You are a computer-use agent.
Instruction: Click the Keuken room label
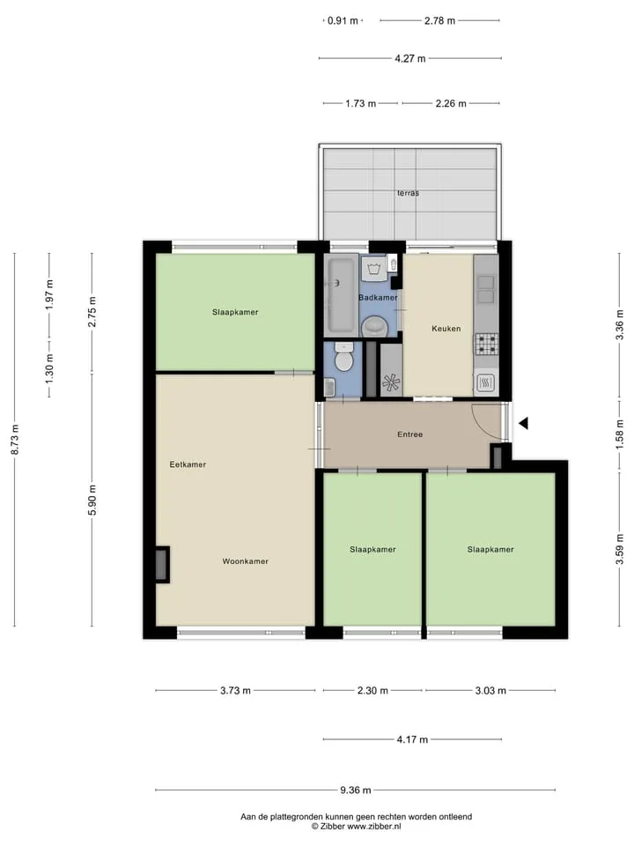point(446,328)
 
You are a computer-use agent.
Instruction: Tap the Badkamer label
point(378,297)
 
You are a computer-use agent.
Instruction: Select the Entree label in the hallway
point(409,434)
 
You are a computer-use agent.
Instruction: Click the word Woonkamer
point(246,561)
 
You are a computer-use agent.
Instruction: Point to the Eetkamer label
point(188,464)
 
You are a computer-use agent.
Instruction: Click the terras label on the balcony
point(408,193)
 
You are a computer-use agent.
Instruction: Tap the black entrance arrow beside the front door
point(523,424)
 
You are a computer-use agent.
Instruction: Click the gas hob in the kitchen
point(486,344)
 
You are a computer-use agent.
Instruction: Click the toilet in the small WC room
point(343,357)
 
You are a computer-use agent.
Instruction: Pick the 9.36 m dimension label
point(355,790)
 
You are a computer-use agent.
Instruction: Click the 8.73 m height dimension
point(15,439)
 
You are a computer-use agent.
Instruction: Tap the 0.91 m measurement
point(343,20)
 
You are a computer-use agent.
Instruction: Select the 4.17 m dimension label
point(412,739)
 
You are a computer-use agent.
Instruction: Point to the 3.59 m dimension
point(620,549)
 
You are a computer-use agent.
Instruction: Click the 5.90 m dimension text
point(92,500)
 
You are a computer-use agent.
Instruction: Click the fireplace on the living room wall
point(162,565)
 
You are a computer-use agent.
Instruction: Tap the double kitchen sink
point(486,289)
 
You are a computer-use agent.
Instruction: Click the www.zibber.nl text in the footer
point(374,826)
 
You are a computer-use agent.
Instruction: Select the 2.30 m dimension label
point(372,690)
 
